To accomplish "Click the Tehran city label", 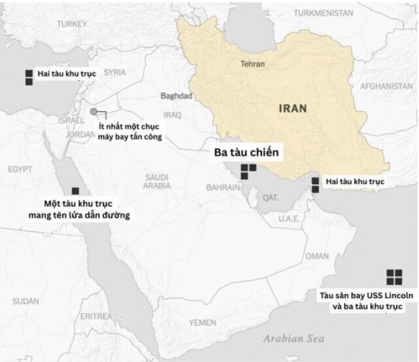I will click(x=252, y=65).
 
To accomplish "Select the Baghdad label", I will click(x=176, y=96).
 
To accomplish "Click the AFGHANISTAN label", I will click(x=386, y=86).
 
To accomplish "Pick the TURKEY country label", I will click(x=72, y=24).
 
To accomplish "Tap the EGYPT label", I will click(x=20, y=170).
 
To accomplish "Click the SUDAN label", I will click(x=25, y=301).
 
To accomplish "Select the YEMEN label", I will click(x=202, y=322).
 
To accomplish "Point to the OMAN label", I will click(x=317, y=256).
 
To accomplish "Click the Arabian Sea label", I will click(x=293, y=339).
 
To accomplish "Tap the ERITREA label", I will click(x=96, y=316).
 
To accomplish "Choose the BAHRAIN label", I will click(x=223, y=187).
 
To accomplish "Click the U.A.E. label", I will click(x=288, y=219).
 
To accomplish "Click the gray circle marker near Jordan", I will click(x=94, y=112).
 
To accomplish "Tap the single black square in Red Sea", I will click(x=75, y=191).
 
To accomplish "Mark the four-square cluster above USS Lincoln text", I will click(x=394, y=277).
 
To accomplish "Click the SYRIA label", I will click(x=114, y=72).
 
